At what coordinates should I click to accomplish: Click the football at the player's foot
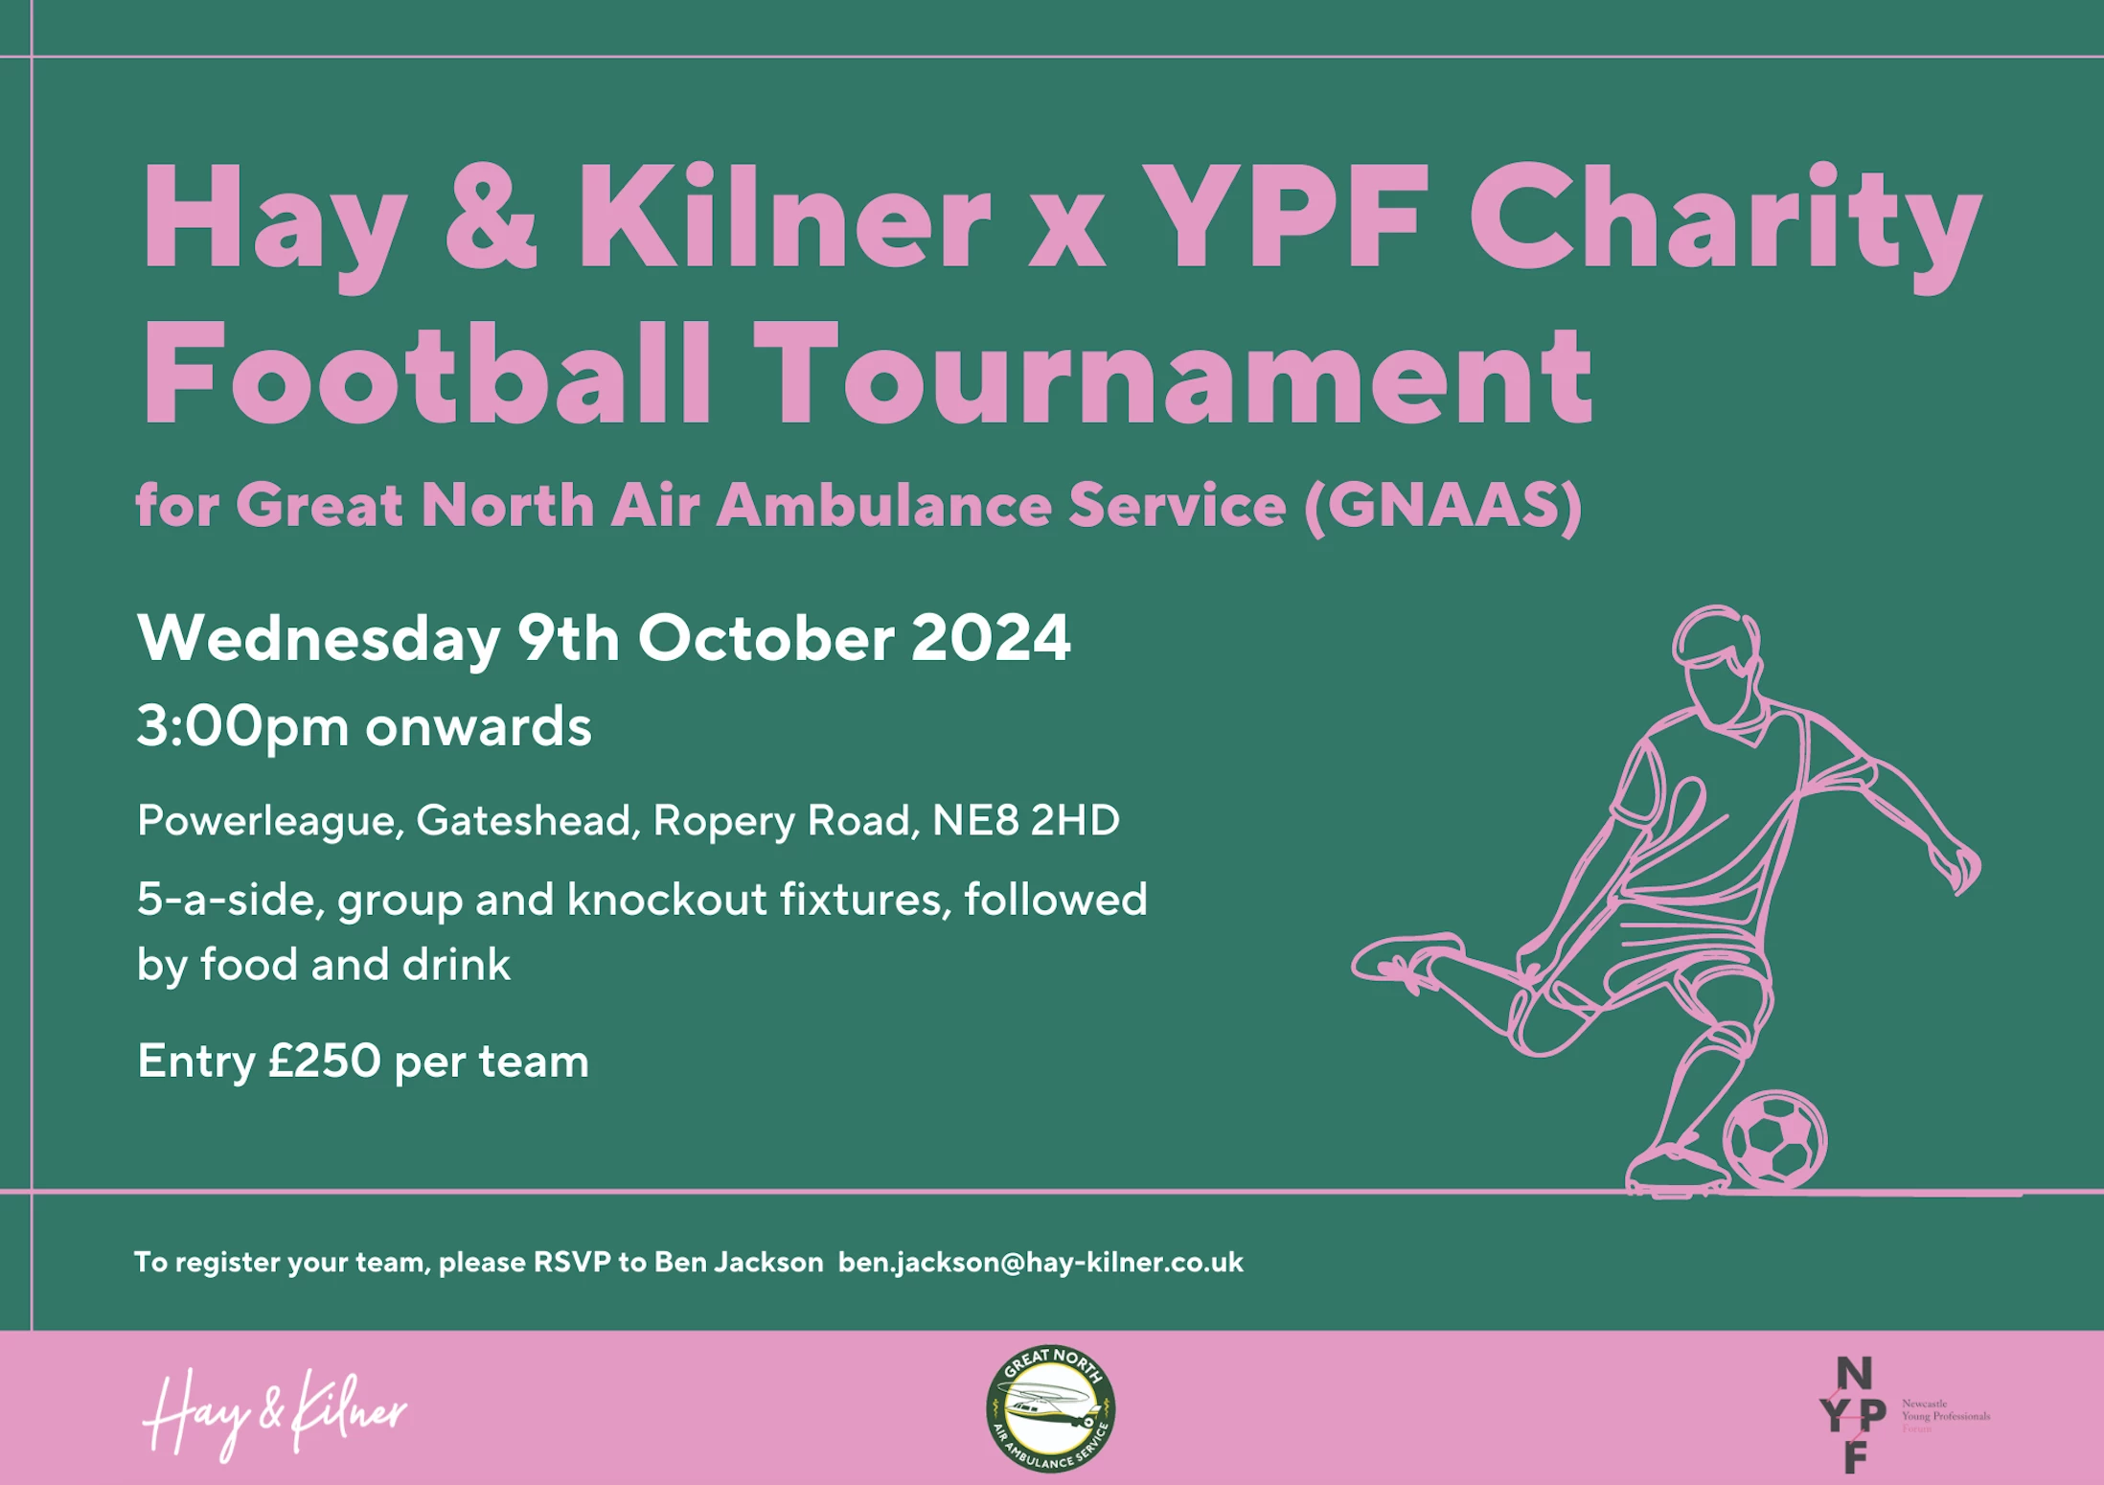click(1774, 1140)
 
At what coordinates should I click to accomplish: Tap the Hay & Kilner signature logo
click(275, 1413)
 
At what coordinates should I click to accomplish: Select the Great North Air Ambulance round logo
click(1051, 1408)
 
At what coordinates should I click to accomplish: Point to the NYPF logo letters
click(1853, 1414)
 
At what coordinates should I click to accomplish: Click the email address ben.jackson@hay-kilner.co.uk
click(1041, 1263)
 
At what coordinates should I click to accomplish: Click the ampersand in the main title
click(491, 217)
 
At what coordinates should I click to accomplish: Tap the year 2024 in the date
click(991, 638)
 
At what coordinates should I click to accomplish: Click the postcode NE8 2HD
click(1026, 820)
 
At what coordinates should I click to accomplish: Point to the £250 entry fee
click(325, 1061)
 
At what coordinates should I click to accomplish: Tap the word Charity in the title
click(1725, 226)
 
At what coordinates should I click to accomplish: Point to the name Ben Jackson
click(739, 1263)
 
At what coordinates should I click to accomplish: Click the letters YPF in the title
click(1285, 217)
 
